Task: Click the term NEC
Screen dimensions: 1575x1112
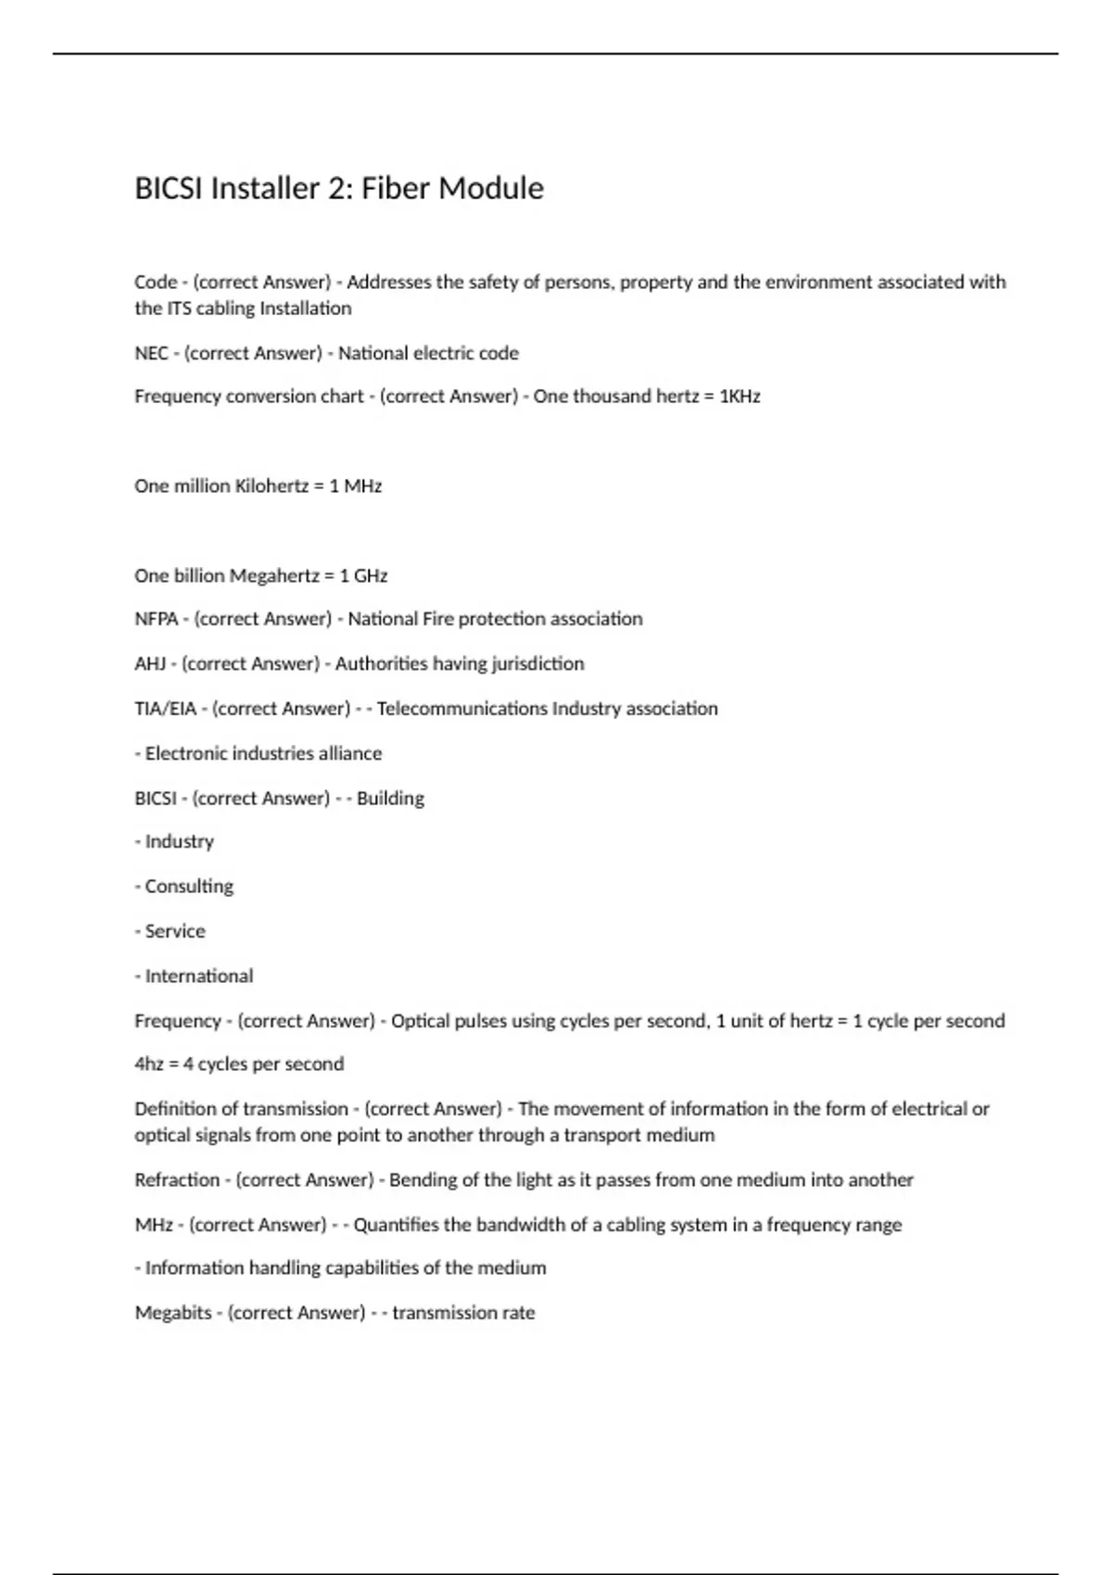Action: (x=151, y=353)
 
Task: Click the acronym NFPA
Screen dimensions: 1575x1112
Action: (x=156, y=619)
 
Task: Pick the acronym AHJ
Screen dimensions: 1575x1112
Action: (x=150, y=664)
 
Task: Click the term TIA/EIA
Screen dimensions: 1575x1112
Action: (x=165, y=709)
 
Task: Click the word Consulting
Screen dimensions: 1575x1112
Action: (x=189, y=887)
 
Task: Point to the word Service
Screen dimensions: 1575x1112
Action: (x=175, y=931)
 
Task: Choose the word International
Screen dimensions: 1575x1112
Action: (x=199, y=976)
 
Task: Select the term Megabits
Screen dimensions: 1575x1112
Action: (x=173, y=1313)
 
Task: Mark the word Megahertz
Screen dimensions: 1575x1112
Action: (x=274, y=576)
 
